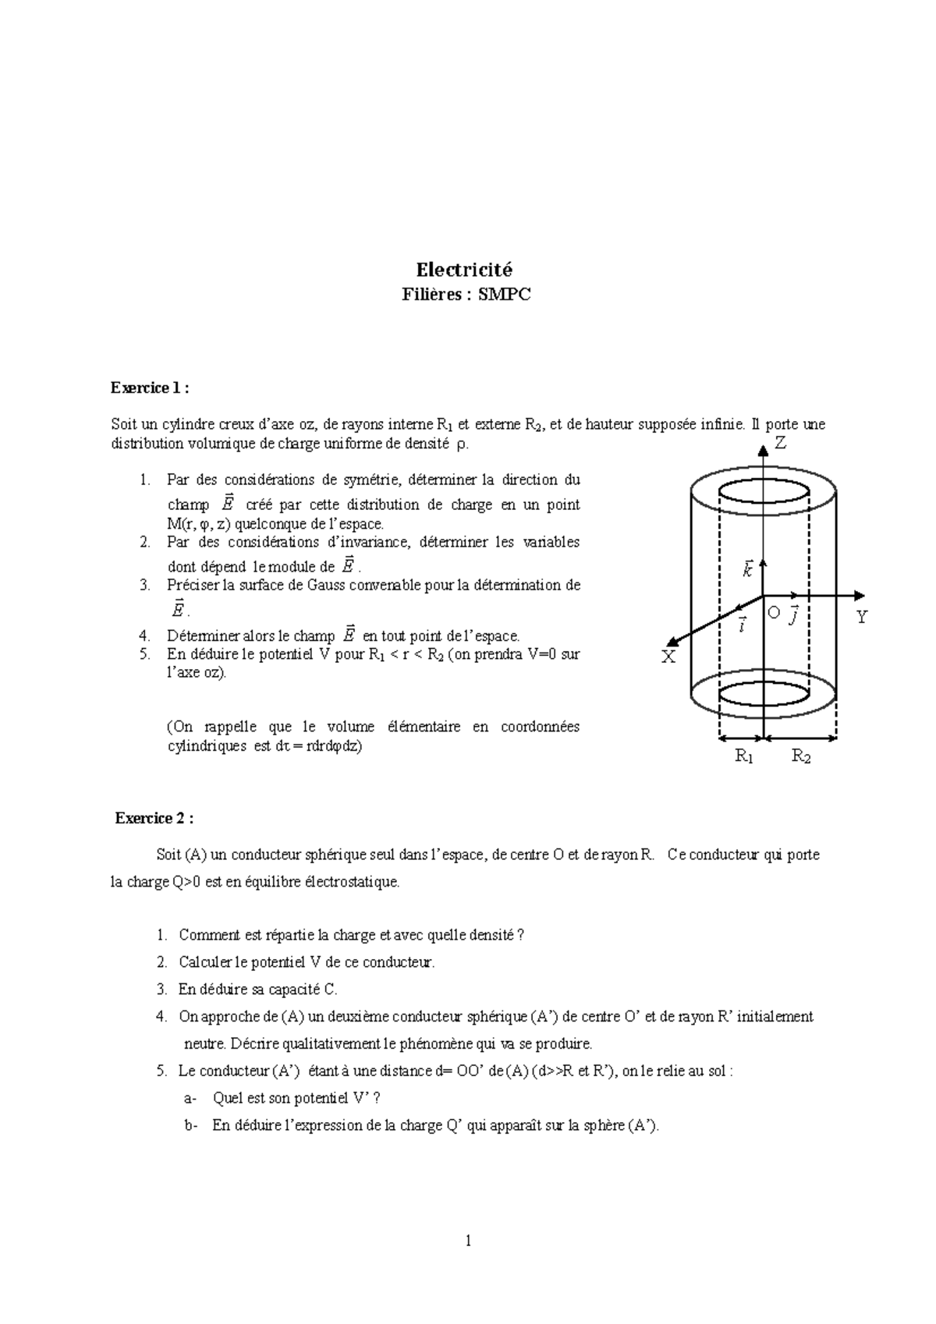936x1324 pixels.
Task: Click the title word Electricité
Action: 464,270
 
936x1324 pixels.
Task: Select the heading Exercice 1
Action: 149,388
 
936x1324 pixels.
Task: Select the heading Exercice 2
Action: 153,818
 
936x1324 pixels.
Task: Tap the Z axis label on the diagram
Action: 779,444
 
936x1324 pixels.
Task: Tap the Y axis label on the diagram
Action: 862,618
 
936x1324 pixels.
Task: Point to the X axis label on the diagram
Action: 668,657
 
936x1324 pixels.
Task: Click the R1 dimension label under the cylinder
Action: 744,756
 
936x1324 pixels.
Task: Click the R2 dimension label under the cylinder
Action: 801,756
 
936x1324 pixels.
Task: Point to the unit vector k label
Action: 747,570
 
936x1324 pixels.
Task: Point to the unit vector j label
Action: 794,614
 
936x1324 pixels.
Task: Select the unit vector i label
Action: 742,623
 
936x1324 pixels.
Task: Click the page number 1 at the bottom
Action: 468,1241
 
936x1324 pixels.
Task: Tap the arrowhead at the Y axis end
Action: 861,596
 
